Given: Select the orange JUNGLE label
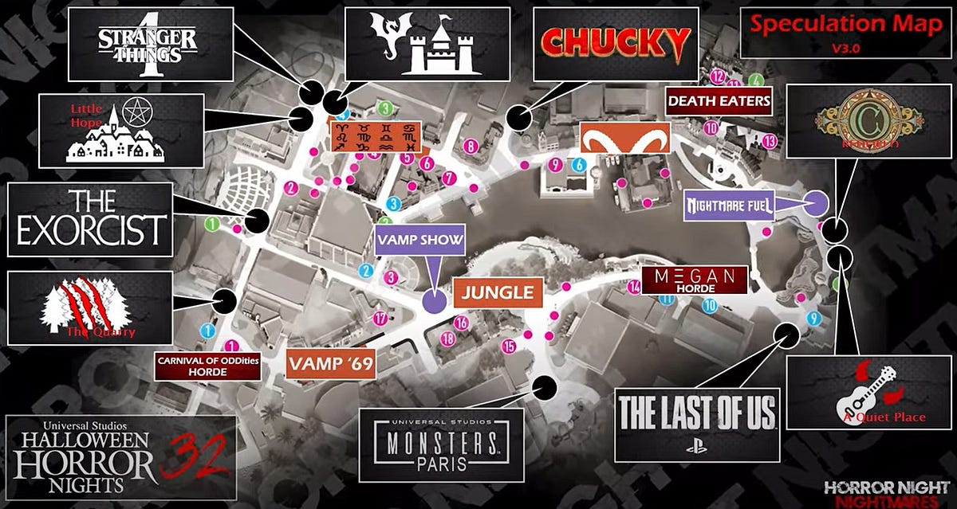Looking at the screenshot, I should pyautogui.click(x=494, y=292).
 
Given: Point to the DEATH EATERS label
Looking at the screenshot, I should pyautogui.click(x=719, y=101).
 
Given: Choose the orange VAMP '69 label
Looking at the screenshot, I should pyautogui.click(x=331, y=364).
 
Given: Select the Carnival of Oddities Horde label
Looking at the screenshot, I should pyautogui.click(x=197, y=367).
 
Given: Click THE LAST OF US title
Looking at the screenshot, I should pyautogui.click(x=696, y=412).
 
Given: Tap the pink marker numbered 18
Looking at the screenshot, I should pyautogui.click(x=448, y=339).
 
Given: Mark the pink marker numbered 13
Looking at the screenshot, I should pyautogui.click(x=770, y=141).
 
